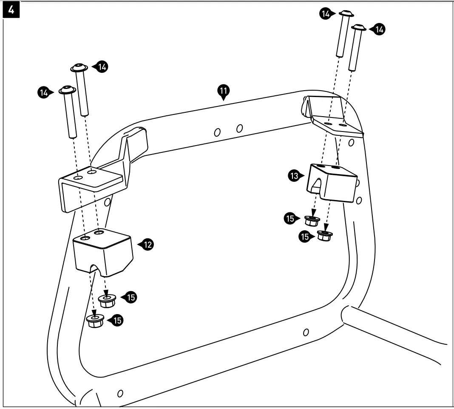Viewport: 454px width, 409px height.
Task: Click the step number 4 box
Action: tap(11, 11)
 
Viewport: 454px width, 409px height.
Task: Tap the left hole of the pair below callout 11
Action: tap(217, 132)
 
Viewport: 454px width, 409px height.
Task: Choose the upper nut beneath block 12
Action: tap(107, 300)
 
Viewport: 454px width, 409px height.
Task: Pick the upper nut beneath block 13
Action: tap(312, 220)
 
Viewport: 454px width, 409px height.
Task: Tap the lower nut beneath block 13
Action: tap(325, 235)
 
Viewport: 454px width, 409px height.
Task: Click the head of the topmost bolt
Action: tap(346, 14)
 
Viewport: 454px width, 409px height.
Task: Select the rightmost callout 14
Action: tap(379, 29)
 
